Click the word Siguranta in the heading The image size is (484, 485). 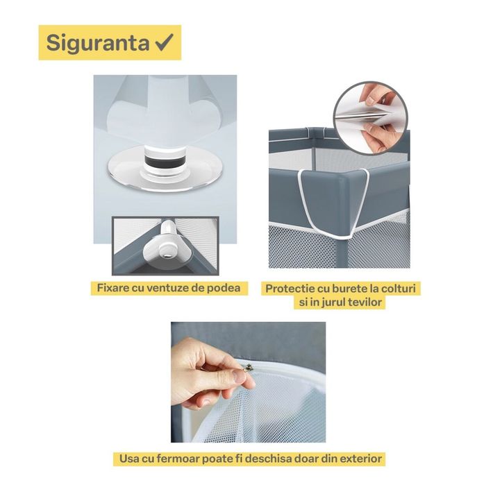(x=97, y=43)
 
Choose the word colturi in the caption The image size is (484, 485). (x=399, y=287)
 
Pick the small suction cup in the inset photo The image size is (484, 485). (x=168, y=241)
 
